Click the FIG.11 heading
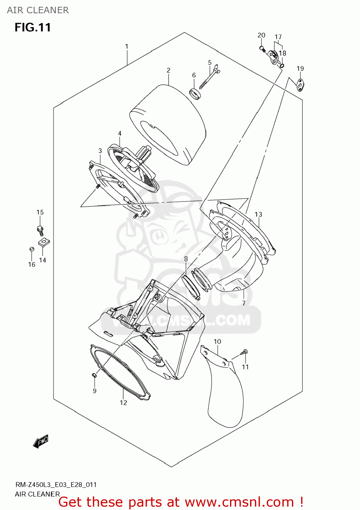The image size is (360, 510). coord(33,27)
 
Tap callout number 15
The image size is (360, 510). coord(40,212)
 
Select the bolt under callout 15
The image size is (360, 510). coord(40,230)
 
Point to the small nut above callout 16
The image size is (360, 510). coord(31,249)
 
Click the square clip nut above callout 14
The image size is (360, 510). coord(44,242)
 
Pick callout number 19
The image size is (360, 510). coord(300,68)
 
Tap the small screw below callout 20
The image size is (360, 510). coord(262,49)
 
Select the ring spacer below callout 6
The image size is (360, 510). coord(195,93)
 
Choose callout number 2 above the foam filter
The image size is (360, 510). coord(168,70)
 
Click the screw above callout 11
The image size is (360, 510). coord(244,353)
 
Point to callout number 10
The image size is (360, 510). coord(217,341)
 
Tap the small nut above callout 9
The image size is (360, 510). coord(94,375)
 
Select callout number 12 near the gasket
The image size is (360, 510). coord(123,403)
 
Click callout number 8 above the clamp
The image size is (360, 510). coord(186,259)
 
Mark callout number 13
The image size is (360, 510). coord(259,214)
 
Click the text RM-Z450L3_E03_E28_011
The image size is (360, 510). coord(56,485)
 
